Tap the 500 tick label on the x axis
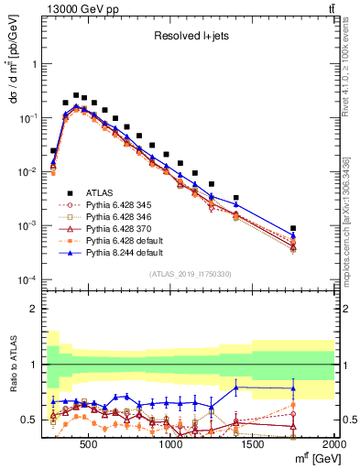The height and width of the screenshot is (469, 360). click(x=90, y=444)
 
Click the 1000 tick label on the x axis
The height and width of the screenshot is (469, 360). click(x=171, y=444)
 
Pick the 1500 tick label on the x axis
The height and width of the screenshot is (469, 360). click(x=253, y=444)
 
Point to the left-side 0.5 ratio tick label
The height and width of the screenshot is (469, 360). click(x=29, y=420)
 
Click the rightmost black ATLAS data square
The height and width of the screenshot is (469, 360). click(x=293, y=228)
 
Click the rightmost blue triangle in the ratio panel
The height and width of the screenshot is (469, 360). click(x=293, y=388)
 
